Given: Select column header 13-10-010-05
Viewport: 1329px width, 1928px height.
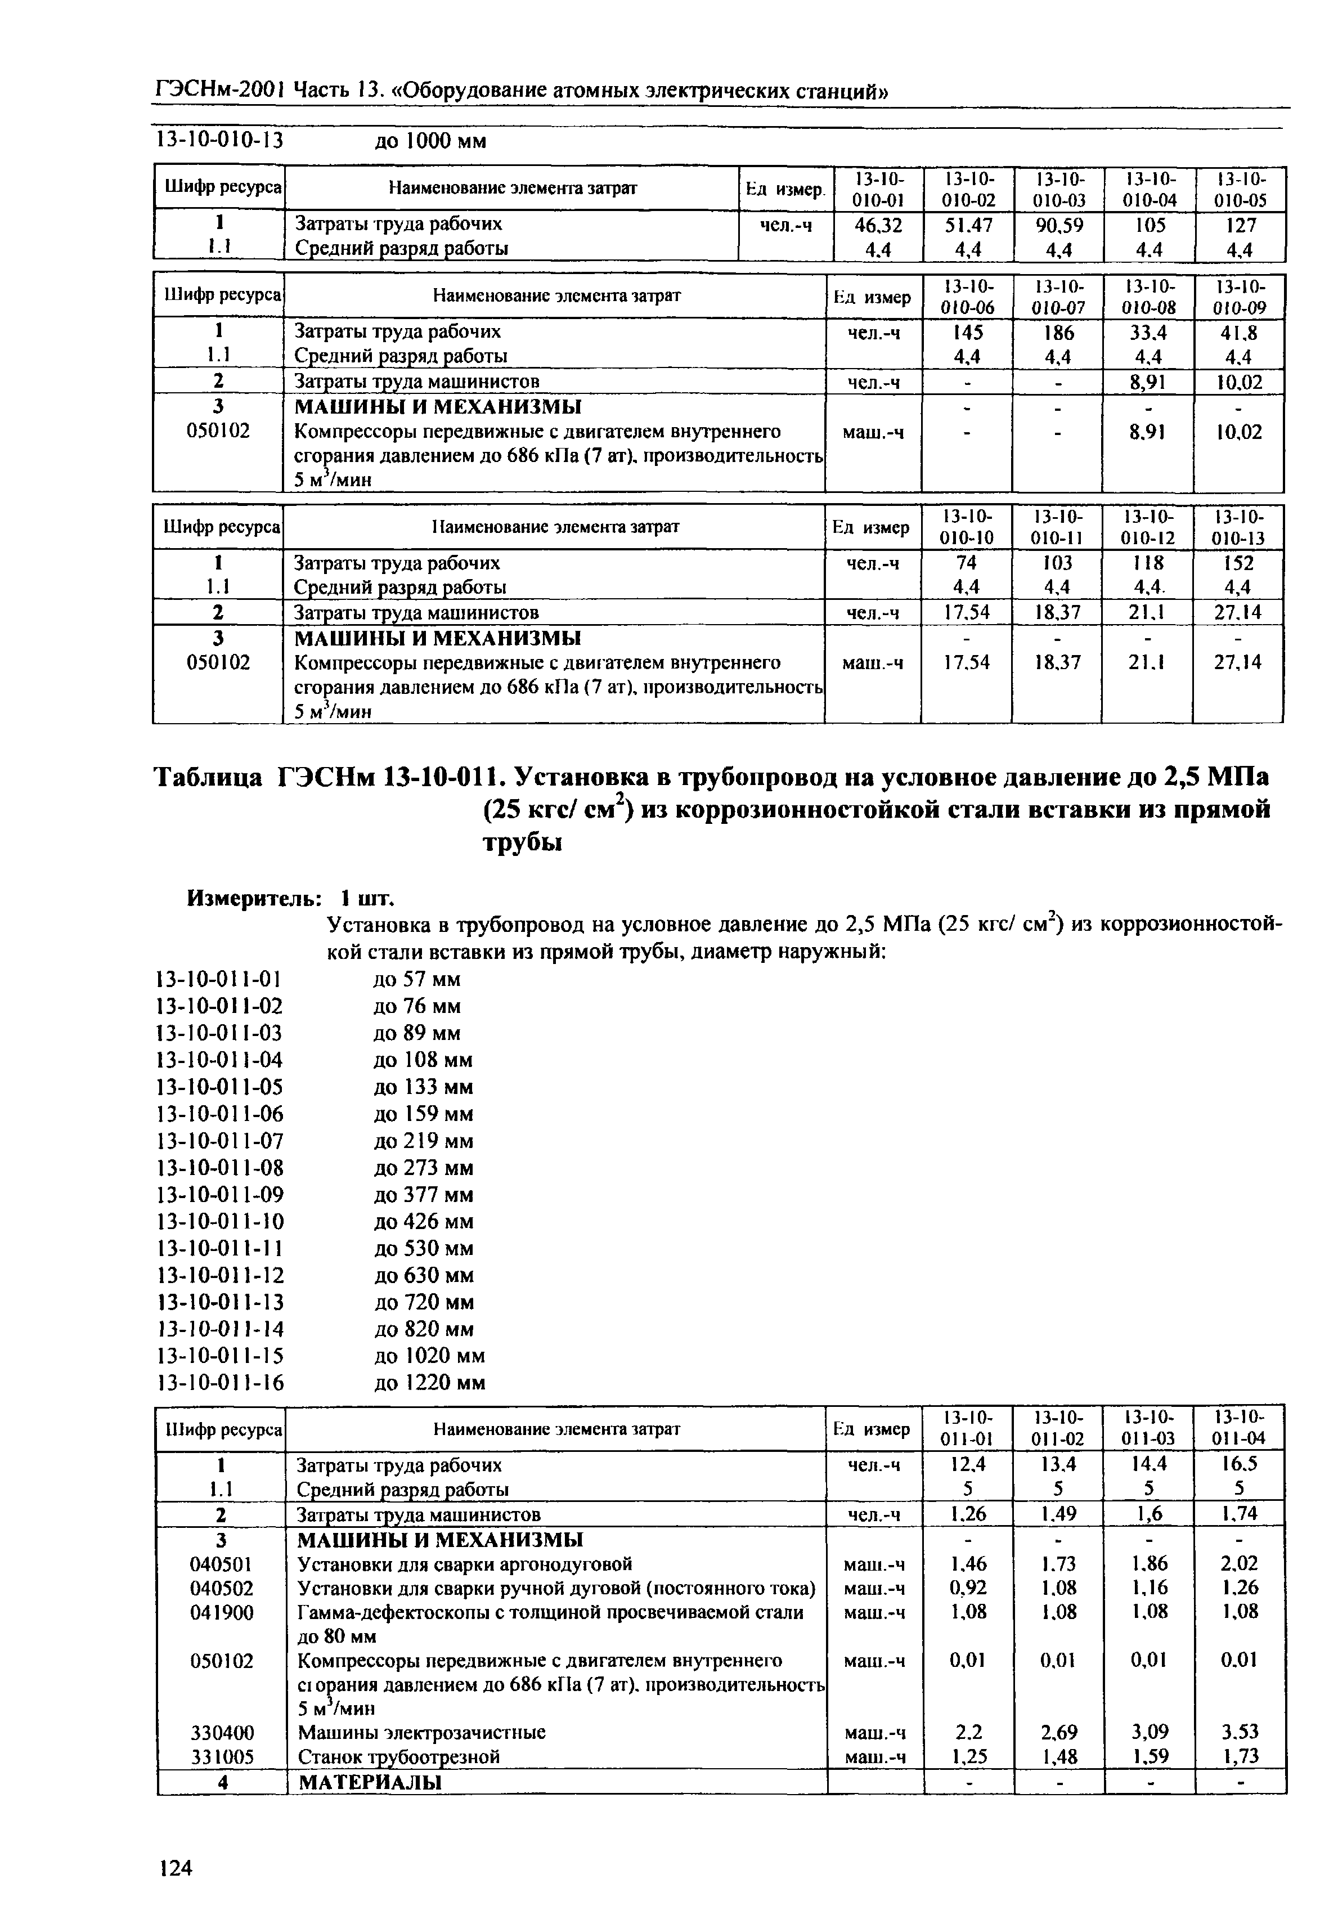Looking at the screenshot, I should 1240,189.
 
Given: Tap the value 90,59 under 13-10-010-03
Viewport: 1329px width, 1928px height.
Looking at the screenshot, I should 1058,225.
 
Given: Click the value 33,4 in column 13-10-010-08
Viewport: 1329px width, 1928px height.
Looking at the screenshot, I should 1147,332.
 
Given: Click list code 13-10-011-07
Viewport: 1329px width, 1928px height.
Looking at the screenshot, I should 220,1141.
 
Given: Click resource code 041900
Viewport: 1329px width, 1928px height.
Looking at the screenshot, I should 222,1612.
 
